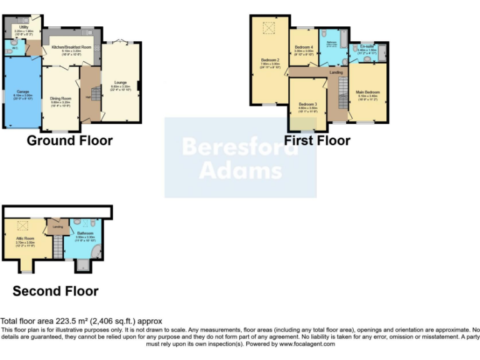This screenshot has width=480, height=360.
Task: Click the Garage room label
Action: [x=20, y=92]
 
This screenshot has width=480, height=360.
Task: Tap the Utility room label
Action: [x=23, y=27]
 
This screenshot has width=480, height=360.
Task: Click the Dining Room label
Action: [x=61, y=98]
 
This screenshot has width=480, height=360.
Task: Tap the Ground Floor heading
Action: [x=69, y=141]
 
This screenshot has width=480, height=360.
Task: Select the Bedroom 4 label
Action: [x=303, y=47]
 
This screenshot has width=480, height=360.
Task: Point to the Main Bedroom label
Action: [x=367, y=92]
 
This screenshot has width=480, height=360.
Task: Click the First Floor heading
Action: [x=317, y=141]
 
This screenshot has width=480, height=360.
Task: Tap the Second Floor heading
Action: [x=56, y=291]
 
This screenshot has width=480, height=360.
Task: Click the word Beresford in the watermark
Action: [x=240, y=147]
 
